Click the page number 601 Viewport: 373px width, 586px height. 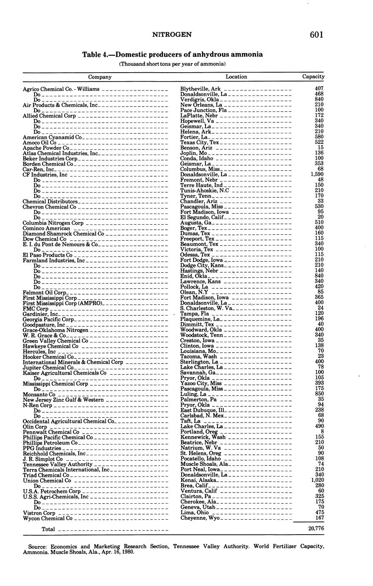click(x=317, y=35)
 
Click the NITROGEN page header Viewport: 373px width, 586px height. click(x=172, y=35)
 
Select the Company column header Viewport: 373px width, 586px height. click(x=100, y=77)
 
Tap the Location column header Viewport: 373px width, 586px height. click(x=236, y=77)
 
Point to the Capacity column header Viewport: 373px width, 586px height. click(x=313, y=77)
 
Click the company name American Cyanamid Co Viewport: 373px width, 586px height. click(x=52, y=138)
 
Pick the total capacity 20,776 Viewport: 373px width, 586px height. click(x=316, y=528)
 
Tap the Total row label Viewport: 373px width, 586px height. click(x=48, y=529)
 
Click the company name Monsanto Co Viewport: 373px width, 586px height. click(x=39, y=394)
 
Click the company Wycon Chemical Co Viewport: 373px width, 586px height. click(x=48, y=518)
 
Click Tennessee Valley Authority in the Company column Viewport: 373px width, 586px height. click(x=51, y=465)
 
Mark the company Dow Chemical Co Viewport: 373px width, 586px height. click(x=44, y=239)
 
